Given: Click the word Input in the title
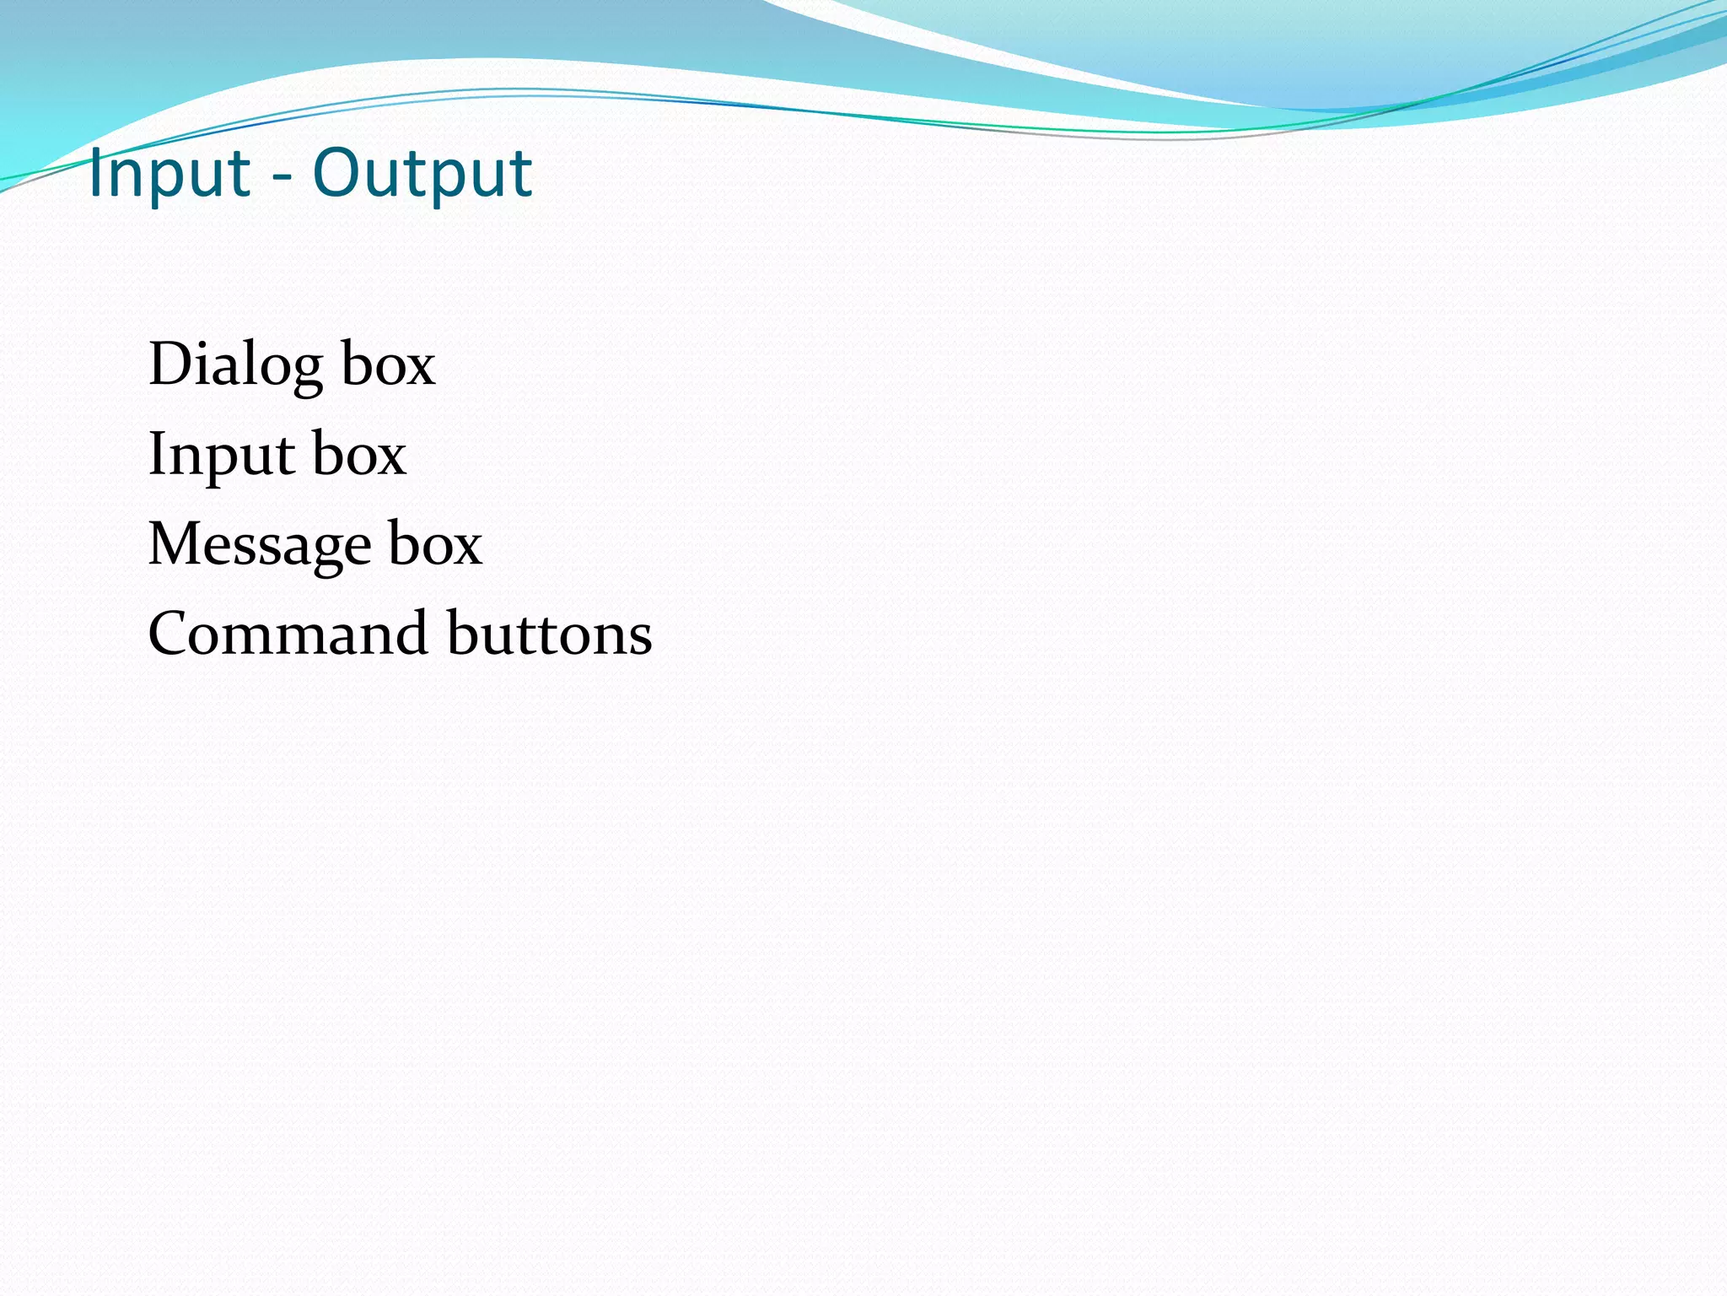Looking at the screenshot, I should click(x=169, y=174).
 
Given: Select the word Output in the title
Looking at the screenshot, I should click(x=422, y=174).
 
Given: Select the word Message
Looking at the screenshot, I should click(x=259, y=545).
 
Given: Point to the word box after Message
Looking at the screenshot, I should click(x=435, y=545).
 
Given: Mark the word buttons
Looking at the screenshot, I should click(x=550, y=634).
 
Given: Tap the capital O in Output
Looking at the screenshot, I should click(x=336, y=173).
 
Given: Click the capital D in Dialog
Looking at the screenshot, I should click(x=171, y=364).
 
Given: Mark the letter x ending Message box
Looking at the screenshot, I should click(x=465, y=548).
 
